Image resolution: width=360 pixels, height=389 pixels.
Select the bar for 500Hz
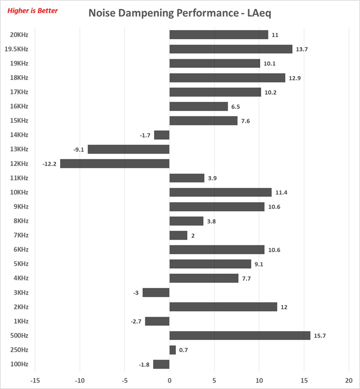[240, 336]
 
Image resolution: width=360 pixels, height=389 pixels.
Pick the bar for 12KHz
[115, 163]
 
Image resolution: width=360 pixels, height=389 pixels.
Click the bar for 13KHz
[128, 149]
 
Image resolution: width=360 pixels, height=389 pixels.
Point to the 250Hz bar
[172, 350]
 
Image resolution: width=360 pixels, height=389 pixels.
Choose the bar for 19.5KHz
[231, 49]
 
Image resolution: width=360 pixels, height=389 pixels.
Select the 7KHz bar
[178, 235]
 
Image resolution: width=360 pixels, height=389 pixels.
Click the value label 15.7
[320, 336]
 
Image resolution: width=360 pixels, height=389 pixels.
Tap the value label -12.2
[49, 164]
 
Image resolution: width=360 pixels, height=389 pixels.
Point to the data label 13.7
[302, 49]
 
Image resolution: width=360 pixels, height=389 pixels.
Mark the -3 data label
[136, 292]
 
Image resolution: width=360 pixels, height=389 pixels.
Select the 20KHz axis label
[19, 34]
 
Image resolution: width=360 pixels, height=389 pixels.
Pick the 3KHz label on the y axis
[20, 292]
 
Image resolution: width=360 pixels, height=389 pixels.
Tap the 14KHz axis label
[19, 135]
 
